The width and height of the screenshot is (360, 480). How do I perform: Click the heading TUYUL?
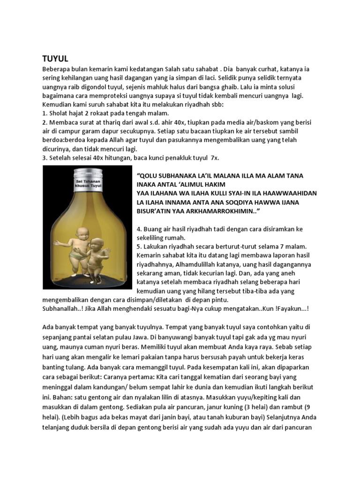(55, 59)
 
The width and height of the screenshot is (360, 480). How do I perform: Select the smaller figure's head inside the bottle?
(97, 245)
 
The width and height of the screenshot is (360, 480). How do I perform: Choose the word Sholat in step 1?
(60, 113)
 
